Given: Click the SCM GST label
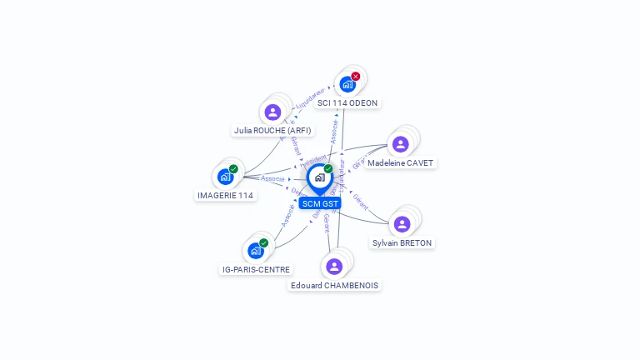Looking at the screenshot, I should pyautogui.click(x=320, y=203).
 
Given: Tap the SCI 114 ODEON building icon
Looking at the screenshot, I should pyautogui.click(x=347, y=84).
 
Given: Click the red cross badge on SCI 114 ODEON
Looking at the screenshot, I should pyautogui.click(x=356, y=77).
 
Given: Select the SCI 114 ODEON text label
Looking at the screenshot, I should pyautogui.click(x=347, y=103).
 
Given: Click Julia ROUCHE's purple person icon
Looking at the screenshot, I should pyautogui.click(x=272, y=112).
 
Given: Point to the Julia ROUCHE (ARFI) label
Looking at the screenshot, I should pyautogui.click(x=272, y=131).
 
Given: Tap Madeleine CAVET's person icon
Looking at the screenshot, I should pyautogui.click(x=400, y=144).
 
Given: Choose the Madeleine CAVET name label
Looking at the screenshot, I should pyautogui.click(x=401, y=163).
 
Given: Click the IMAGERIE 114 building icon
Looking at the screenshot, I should pyautogui.click(x=224, y=177).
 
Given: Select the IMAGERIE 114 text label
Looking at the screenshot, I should pyautogui.click(x=225, y=196).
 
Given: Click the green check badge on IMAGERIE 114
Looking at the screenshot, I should pyautogui.click(x=233, y=169).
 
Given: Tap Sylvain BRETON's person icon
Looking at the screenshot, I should pyautogui.click(x=402, y=224).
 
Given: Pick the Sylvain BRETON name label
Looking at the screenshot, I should pyautogui.click(x=402, y=243).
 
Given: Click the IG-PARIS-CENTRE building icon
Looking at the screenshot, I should pyautogui.click(x=255, y=251).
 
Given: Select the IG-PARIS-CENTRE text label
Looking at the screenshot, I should pyautogui.click(x=256, y=270).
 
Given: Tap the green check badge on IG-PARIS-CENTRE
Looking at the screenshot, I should pyautogui.click(x=264, y=243).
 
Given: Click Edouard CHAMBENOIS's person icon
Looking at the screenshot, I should pyautogui.click(x=333, y=267).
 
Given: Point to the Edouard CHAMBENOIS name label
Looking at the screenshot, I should pyautogui.click(x=334, y=286).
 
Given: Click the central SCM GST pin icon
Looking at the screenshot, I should pyautogui.click(x=319, y=177).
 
